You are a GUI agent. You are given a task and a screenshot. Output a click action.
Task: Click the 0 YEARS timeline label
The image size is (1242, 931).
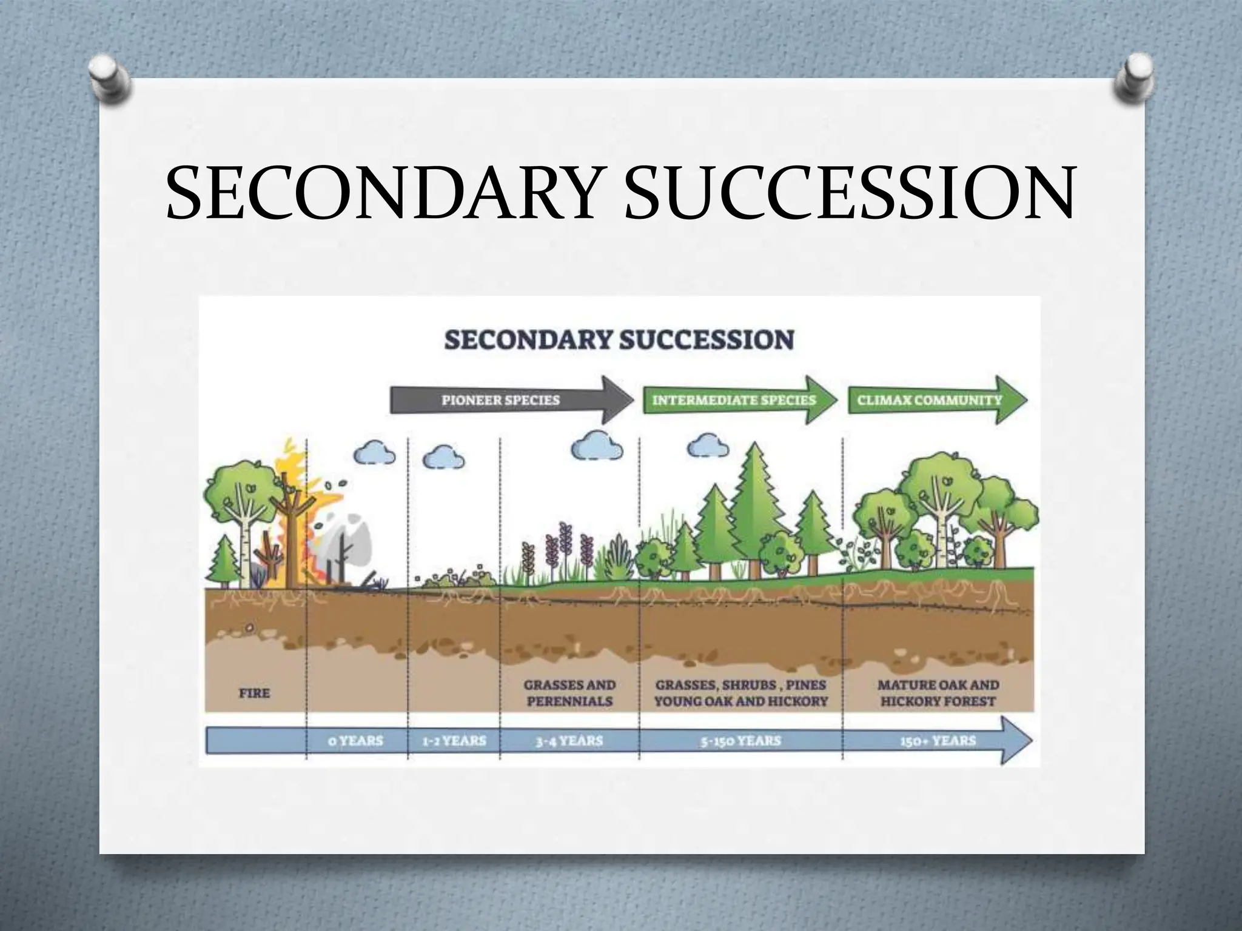tap(356, 741)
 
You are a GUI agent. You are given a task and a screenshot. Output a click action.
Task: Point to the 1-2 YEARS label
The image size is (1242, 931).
tap(454, 741)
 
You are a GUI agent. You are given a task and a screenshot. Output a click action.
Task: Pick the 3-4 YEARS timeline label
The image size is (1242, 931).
tap(569, 741)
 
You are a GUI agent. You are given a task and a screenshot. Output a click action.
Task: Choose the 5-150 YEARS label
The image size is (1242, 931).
tap(740, 741)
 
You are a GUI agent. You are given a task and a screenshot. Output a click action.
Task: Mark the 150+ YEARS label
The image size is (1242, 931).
tap(938, 741)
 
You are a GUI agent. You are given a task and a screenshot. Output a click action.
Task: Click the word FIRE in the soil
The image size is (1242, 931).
tap(253, 692)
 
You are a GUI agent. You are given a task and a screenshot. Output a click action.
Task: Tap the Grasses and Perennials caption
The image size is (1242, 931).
tap(569, 693)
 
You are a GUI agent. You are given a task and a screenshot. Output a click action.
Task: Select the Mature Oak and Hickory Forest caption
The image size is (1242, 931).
tap(938, 693)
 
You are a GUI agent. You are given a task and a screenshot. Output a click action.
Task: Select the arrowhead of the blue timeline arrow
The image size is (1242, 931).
tap(1016, 741)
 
